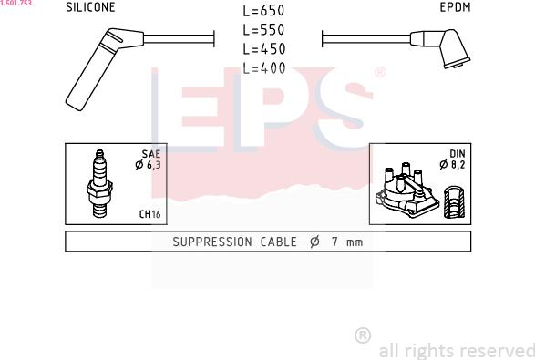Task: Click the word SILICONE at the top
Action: [x=90, y=7]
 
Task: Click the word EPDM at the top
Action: [x=455, y=7]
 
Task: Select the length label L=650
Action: [x=263, y=11]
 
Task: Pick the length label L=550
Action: [x=263, y=30]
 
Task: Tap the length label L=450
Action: [x=263, y=49]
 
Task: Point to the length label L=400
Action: [x=263, y=68]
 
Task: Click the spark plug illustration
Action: [x=99, y=183]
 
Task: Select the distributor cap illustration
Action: [x=407, y=190]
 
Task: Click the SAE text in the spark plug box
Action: [x=151, y=154]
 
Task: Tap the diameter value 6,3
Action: [x=153, y=165]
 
